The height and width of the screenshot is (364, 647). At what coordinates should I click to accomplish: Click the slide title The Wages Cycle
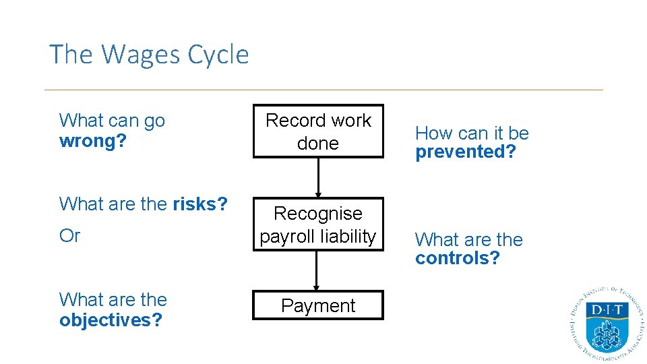coord(149,55)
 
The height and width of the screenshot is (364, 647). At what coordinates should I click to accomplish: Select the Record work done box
coord(318,131)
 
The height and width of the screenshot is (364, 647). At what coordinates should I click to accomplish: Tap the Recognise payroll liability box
coord(318,224)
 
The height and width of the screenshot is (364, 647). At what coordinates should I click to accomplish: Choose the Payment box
coord(318,305)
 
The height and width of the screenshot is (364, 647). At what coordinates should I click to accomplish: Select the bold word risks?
coord(200,204)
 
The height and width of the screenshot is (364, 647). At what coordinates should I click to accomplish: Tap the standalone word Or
coord(69,236)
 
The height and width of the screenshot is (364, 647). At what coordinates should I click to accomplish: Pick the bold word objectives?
coord(111,320)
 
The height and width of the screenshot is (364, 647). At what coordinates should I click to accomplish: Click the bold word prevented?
coord(465,152)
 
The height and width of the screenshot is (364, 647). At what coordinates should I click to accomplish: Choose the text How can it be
coord(472,133)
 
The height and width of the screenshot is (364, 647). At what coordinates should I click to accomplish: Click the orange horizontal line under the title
coord(323,90)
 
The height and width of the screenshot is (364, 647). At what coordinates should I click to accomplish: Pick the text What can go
coord(112,121)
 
